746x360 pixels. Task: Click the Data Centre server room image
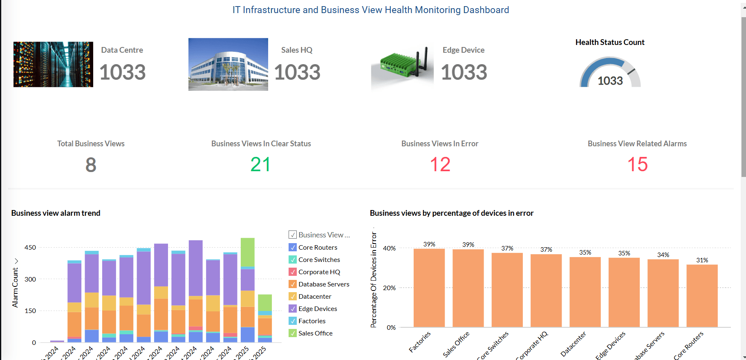click(x=53, y=64)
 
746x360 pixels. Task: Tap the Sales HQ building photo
click(x=228, y=64)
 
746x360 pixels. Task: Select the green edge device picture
click(x=402, y=65)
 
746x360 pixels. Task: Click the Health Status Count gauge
click(x=610, y=73)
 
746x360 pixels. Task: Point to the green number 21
click(x=260, y=165)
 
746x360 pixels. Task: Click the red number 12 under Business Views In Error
click(x=440, y=165)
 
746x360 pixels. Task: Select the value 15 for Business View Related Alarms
click(x=637, y=165)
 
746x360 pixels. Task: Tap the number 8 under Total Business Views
click(x=91, y=165)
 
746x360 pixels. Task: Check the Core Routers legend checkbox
click(x=293, y=247)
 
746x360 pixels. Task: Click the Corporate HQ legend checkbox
click(x=293, y=272)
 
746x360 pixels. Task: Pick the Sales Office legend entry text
click(x=315, y=333)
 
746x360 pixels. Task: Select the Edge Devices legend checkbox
click(x=293, y=309)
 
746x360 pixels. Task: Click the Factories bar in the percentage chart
click(x=429, y=288)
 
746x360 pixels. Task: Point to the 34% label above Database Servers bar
click(x=663, y=255)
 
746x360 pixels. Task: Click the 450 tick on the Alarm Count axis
click(x=30, y=248)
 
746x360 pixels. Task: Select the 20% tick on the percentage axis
click(x=389, y=288)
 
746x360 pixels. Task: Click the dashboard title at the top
click(x=371, y=10)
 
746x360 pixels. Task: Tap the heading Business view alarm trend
click(x=56, y=213)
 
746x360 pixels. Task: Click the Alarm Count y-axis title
click(x=15, y=287)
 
